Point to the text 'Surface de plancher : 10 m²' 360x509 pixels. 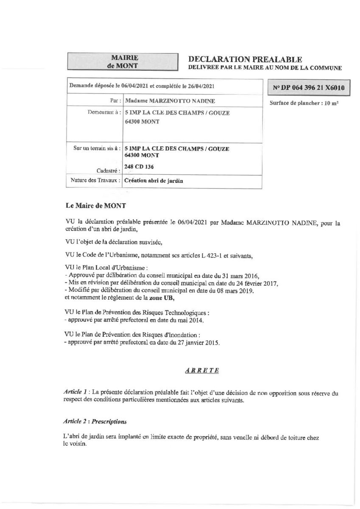304,103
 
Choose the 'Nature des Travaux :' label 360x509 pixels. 94,181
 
